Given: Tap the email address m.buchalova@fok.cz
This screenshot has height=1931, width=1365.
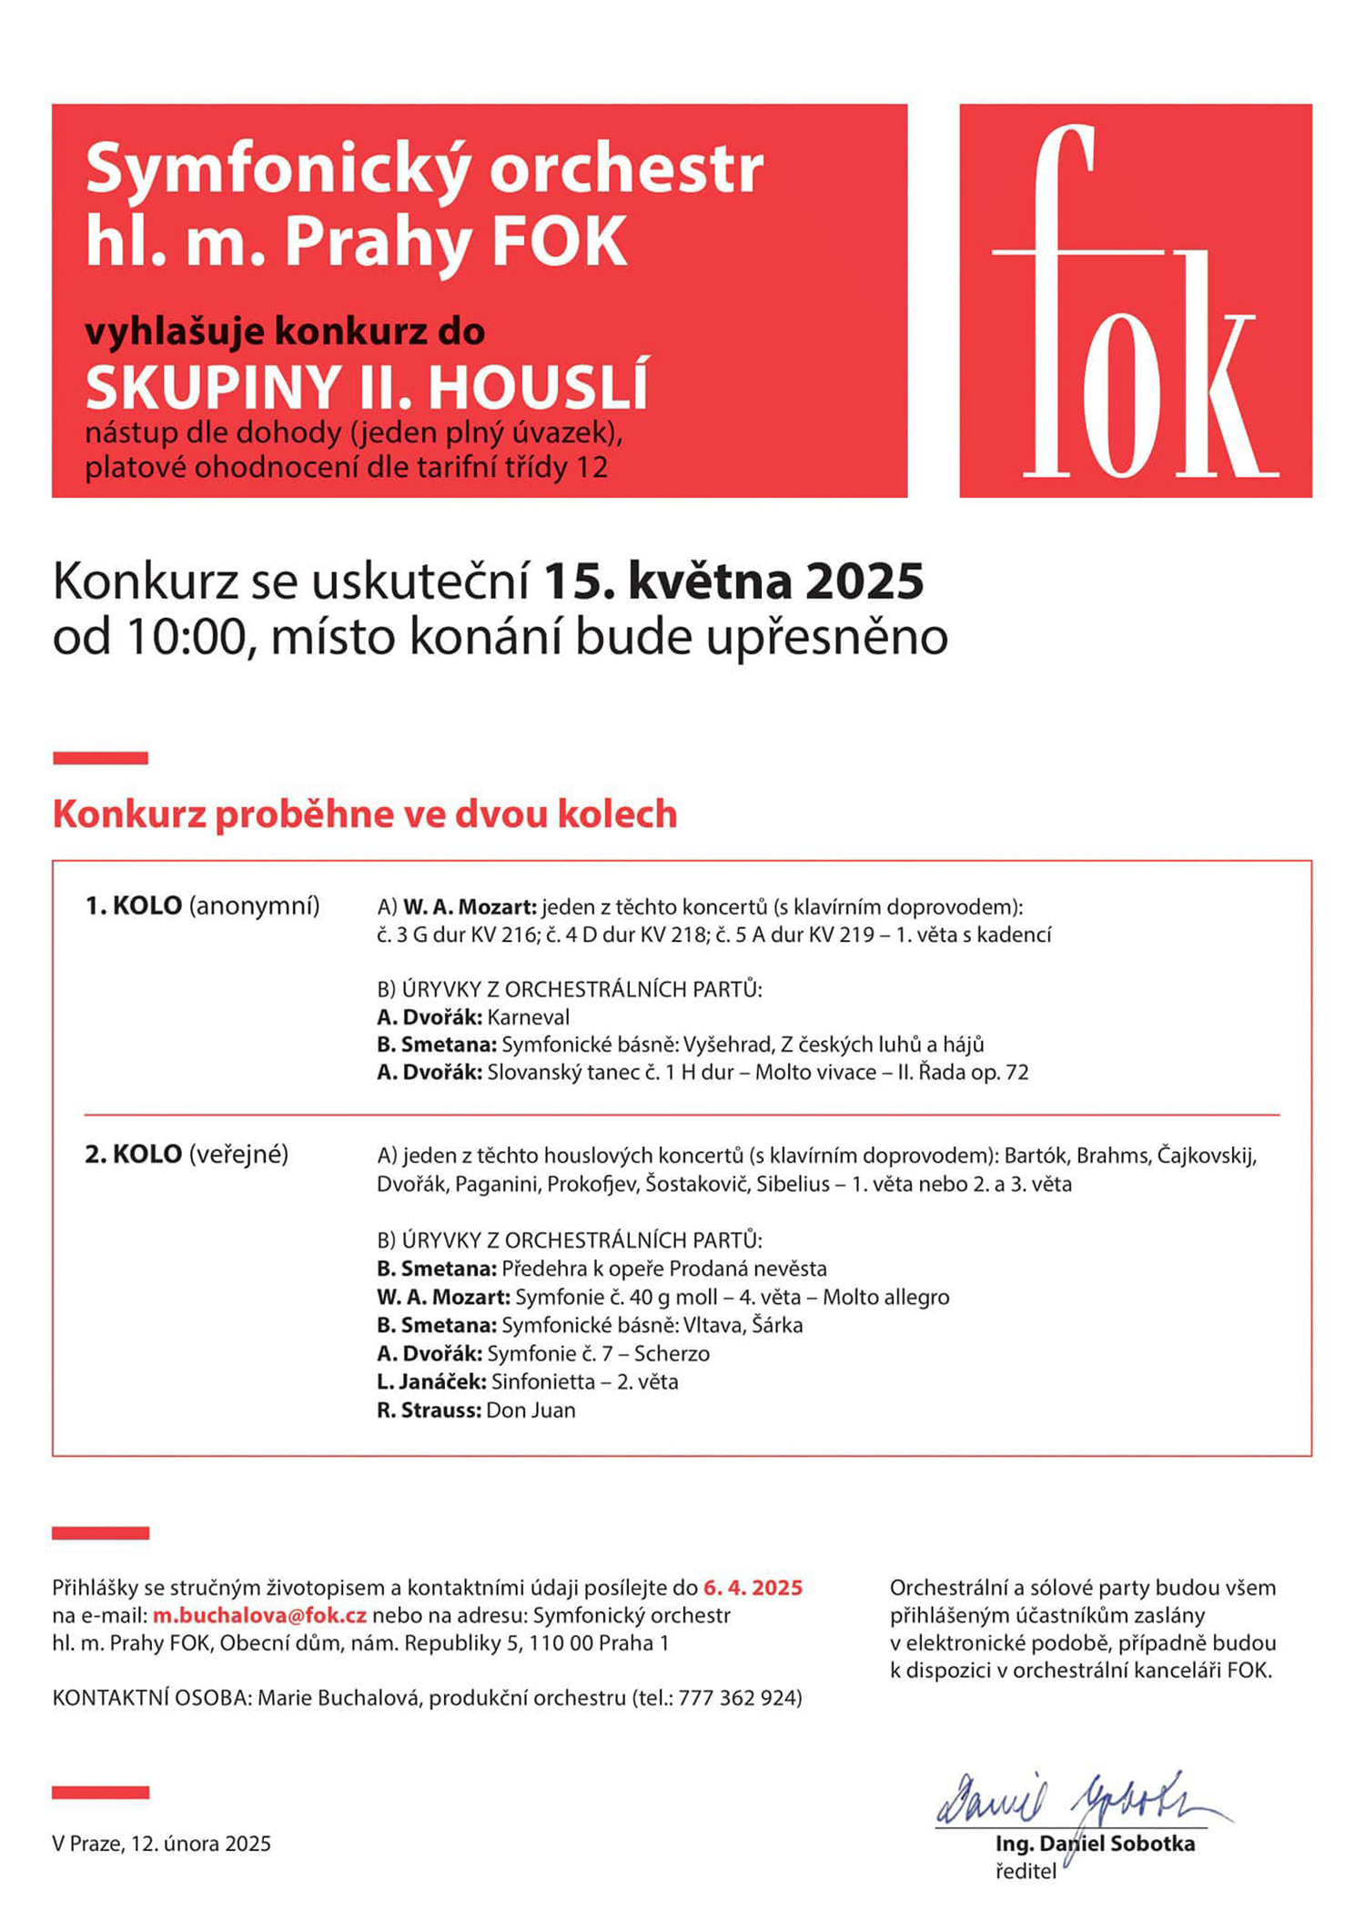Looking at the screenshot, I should [259, 1615].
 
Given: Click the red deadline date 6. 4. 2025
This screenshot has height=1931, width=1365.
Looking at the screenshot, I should [753, 1588].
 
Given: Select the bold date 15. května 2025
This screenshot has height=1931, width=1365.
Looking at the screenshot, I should [733, 581].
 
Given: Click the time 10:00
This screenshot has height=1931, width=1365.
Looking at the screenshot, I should [186, 637].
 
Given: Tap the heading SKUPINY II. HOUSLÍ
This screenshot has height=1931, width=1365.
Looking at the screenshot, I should [367, 388].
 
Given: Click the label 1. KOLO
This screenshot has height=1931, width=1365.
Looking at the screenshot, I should [133, 906].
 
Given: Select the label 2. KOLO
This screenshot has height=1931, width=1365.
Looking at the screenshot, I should [133, 1155].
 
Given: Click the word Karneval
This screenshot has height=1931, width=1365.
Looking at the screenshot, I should [529, 1017].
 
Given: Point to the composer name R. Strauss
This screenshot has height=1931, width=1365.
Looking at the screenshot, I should [429, 1410].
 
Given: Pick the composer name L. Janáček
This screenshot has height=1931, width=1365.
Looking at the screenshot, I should [431, 1382].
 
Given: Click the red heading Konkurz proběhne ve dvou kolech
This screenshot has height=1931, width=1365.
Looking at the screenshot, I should [365, 814].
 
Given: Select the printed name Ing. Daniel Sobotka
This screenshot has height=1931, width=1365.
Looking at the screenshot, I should [1095, 1844].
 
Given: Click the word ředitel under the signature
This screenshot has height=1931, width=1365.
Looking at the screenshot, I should [1026, 1872].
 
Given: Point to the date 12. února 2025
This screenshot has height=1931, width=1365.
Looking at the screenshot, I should [201, 1844].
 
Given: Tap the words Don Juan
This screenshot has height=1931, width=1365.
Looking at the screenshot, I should [531, 1410].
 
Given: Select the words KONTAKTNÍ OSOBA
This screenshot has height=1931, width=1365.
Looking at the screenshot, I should [151, 1698].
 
